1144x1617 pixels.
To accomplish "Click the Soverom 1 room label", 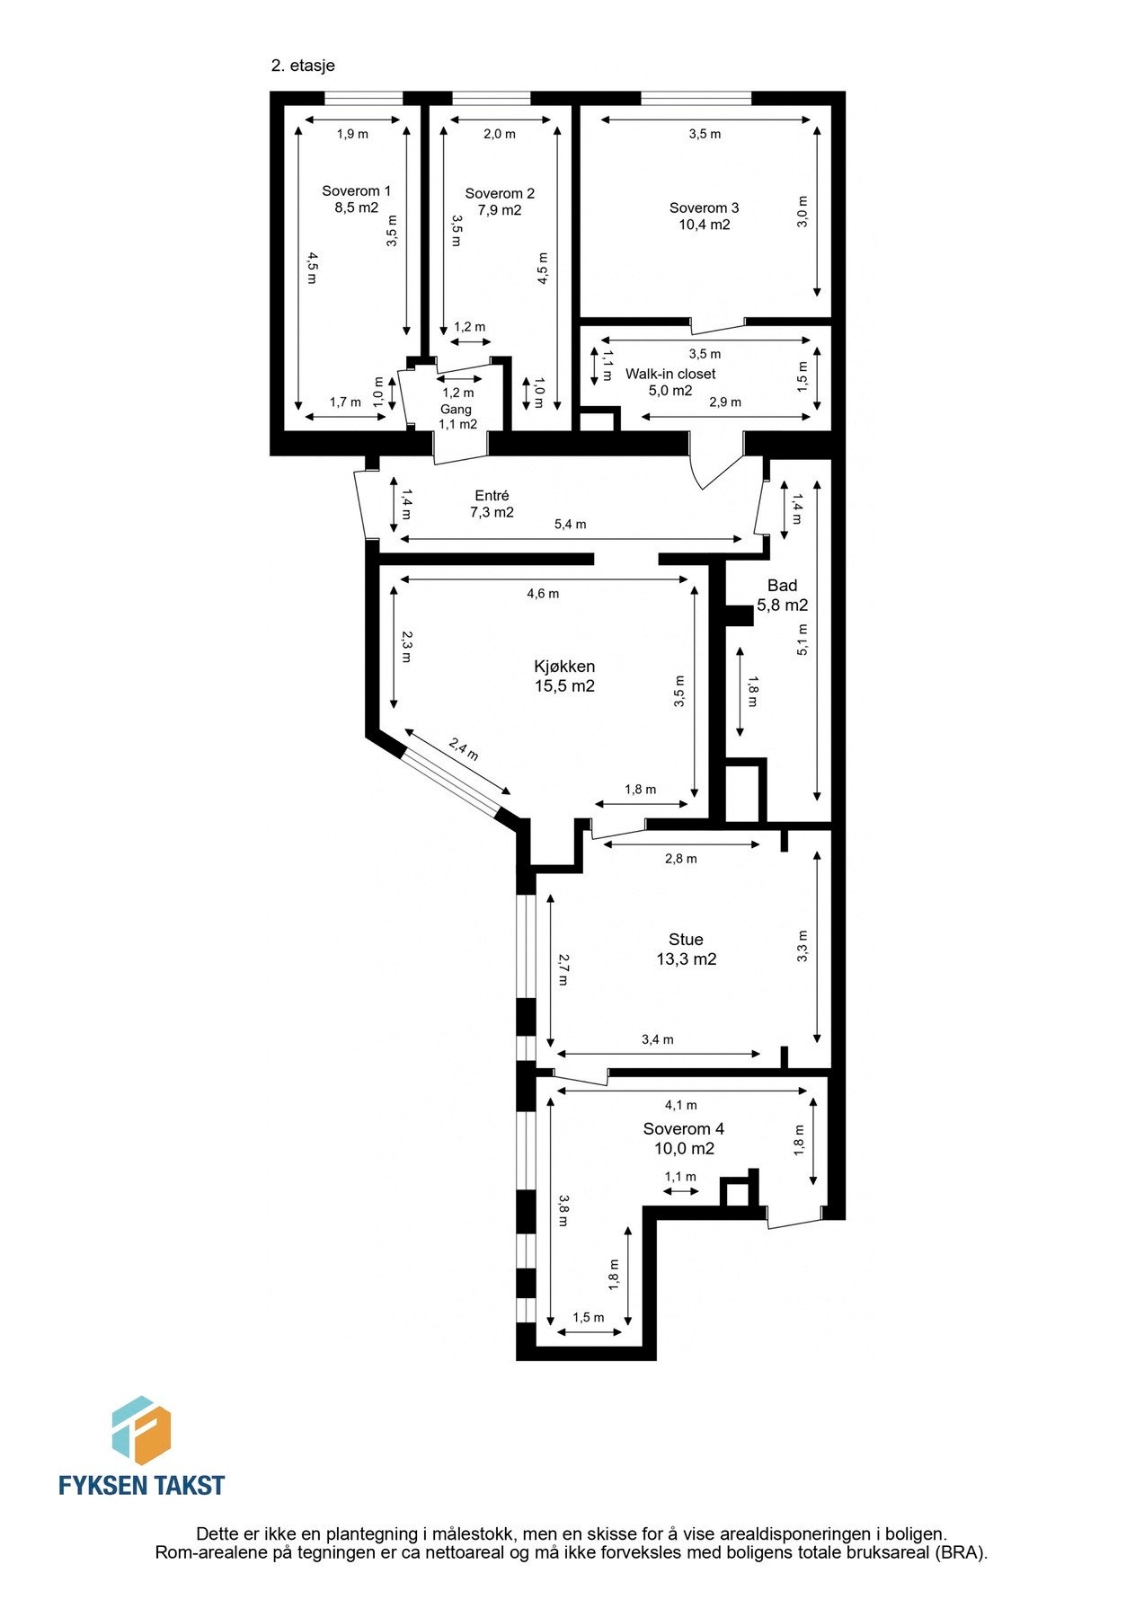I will tap(356, 190).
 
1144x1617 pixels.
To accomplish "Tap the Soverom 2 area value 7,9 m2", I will tap(499, 210).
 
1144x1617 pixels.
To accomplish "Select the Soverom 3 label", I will tap(704, 208).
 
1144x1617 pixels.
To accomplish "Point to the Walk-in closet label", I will tap(670, 374).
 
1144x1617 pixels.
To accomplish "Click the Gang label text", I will tap(456, 410).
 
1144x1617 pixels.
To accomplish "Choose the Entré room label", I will tap(492, 496).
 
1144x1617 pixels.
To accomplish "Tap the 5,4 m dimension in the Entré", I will tap(570, 525).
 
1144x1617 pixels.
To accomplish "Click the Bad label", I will tap(782, 586).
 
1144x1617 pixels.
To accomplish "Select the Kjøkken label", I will tap(564, 667).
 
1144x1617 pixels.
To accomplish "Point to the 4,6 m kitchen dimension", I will tap(542, 594).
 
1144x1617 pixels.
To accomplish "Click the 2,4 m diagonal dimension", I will tap(463, 749).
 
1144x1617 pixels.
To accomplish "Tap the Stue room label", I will tap(686, 940).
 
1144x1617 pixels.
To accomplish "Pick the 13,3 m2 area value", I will tap(686, 959).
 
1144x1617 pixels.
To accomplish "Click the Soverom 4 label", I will tap(683, 1129).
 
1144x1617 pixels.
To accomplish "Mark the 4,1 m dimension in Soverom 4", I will tap(680, 1106).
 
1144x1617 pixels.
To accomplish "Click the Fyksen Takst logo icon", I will tap(141, 1431).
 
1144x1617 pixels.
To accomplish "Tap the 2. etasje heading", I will tap(303, 66).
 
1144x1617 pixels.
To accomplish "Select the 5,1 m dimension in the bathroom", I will tap(802, 640).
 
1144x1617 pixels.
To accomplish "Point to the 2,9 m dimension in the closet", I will tap(724, 402).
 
